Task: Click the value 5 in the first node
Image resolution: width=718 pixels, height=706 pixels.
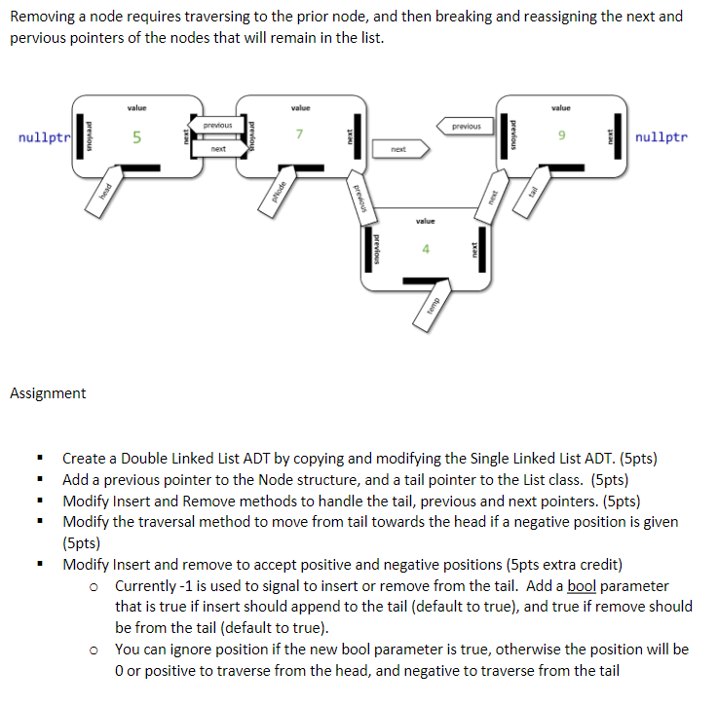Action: [x=136, y=138]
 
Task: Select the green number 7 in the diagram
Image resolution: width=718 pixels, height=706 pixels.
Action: [x=302, y=134]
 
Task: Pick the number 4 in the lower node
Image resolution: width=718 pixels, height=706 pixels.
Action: [x=425, y=249]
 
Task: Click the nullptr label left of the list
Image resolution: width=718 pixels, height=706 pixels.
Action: [x=44, y=137]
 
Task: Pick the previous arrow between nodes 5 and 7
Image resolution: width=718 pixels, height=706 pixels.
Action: [x=216, y=126]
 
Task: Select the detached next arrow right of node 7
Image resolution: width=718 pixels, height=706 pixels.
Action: [x=397, y=149]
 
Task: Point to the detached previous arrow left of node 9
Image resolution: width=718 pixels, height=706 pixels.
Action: [x=466, y=126]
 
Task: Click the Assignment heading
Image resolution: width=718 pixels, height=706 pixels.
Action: [x=48, y=393]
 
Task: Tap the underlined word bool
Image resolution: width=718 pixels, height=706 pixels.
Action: [x=582, y=585]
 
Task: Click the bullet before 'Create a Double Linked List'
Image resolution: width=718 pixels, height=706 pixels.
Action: [x=40, y=458]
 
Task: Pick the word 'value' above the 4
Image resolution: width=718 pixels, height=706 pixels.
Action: [x=425, y=221]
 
